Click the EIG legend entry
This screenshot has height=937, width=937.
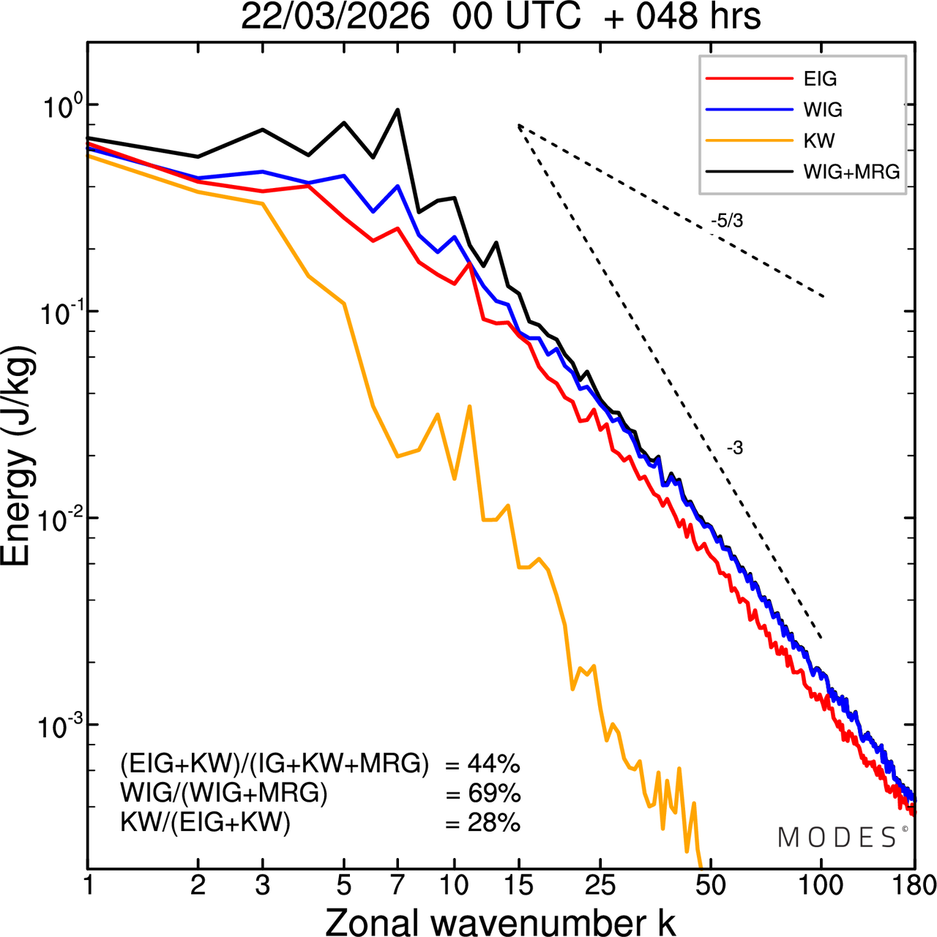coord(820,79)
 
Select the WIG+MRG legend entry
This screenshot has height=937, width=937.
coord(851,172)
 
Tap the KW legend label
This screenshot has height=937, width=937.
coord(819,140)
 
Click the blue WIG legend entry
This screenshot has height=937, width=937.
coord(823,110)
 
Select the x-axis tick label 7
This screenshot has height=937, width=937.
coord(397,886)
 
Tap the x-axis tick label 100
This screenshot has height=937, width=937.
coord(821,886)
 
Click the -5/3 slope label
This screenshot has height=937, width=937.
coord(726,221)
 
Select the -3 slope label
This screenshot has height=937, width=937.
coord(734,448)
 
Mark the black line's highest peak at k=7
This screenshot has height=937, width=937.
coord(397,110)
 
